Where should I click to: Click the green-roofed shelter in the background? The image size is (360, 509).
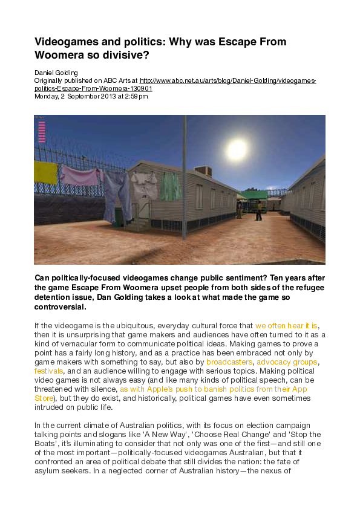[254, 195]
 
